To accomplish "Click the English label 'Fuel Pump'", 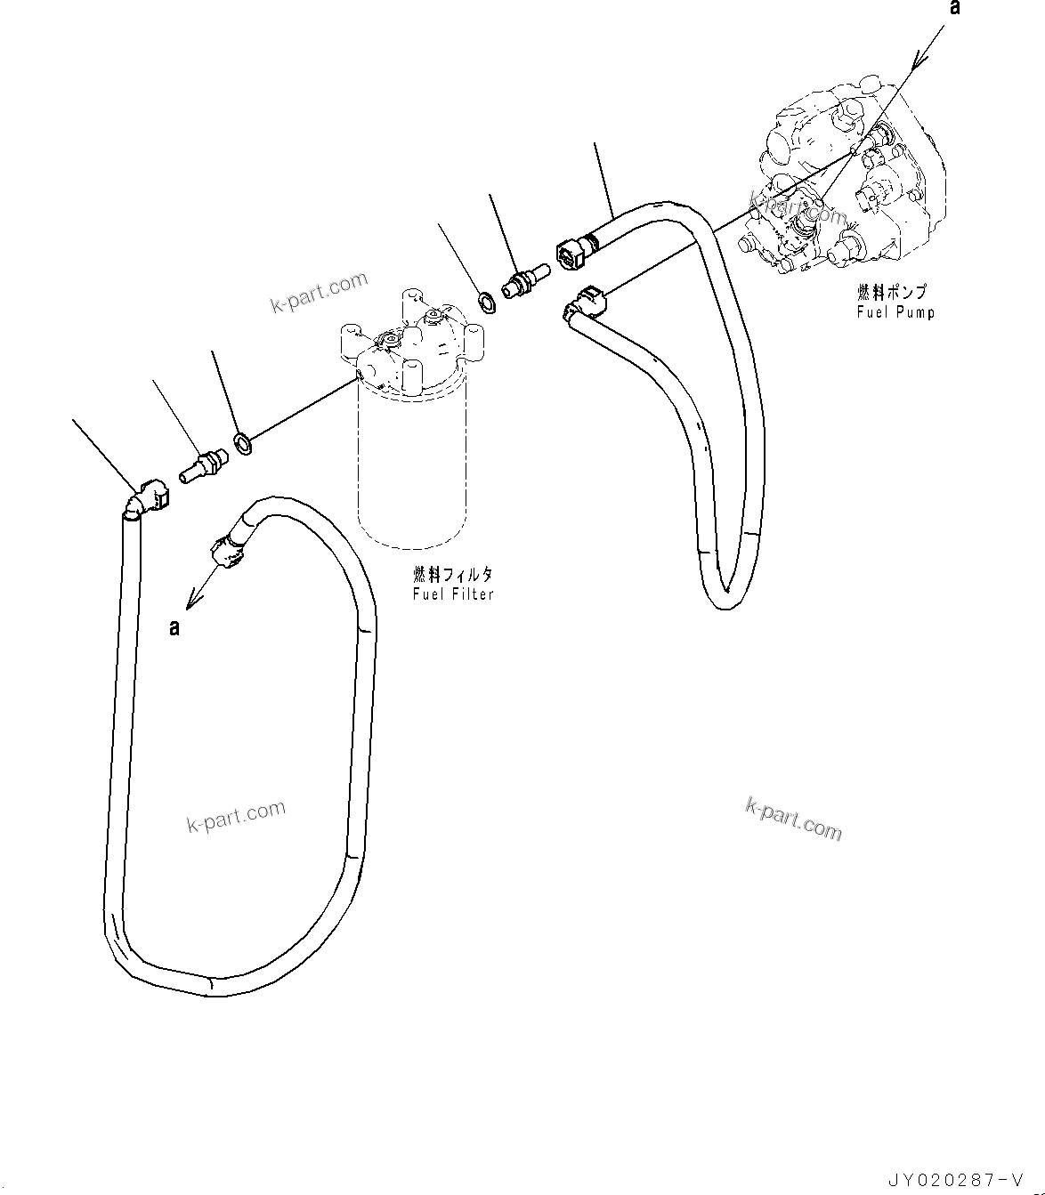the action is point(895,311).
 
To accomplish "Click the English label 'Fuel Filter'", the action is point(453,593).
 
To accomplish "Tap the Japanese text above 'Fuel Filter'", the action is point(453,575).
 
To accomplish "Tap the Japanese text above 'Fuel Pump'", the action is point(891,292).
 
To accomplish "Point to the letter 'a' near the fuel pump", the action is point(955,9).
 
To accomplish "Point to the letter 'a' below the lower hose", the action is point(174,628).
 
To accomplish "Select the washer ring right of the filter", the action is point(487,303).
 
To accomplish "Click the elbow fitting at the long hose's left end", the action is point(148,496).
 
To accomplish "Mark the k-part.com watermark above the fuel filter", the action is point(319,293).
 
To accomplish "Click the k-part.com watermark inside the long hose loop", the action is point(236,815).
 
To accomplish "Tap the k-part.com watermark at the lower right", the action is point(793,818).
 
